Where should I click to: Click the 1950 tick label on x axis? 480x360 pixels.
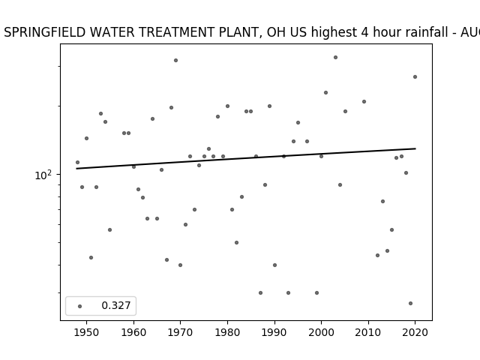[87, 332]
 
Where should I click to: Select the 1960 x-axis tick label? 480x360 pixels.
[133, 332]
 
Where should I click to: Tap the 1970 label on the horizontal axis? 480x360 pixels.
[180, 332]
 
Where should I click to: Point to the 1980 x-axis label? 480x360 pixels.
[227, 332]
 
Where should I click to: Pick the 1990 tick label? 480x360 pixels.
[274, 332]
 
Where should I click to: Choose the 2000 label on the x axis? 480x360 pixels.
[321, 332]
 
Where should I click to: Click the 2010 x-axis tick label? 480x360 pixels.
[368, 332]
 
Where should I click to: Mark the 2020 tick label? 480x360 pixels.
[415, 332]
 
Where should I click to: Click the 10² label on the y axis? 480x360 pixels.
[43, 175]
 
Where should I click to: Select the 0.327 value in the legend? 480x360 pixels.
[116, 305]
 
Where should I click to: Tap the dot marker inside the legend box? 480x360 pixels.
[80, 306]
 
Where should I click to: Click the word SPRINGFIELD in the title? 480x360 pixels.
[45, 32]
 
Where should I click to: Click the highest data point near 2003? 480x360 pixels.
[335, 57]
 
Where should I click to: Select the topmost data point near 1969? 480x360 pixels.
[175, 60]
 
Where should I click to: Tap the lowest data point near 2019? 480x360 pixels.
[410, 303]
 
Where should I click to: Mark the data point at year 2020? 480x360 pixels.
[415, 76]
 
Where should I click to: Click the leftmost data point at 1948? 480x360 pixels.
[77, 162]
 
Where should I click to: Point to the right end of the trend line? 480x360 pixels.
[415, 148]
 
